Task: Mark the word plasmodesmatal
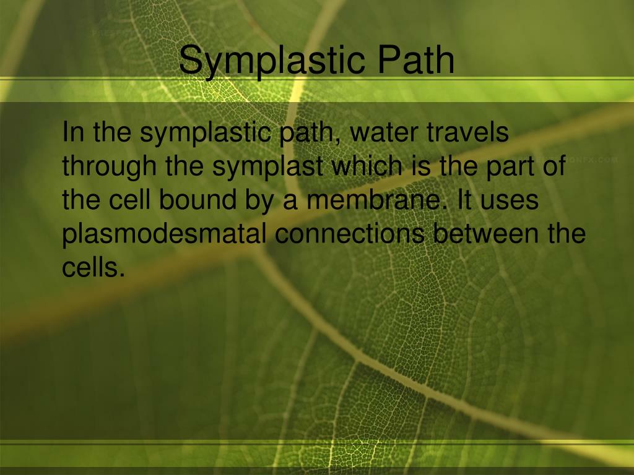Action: [x=165, y=234]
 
